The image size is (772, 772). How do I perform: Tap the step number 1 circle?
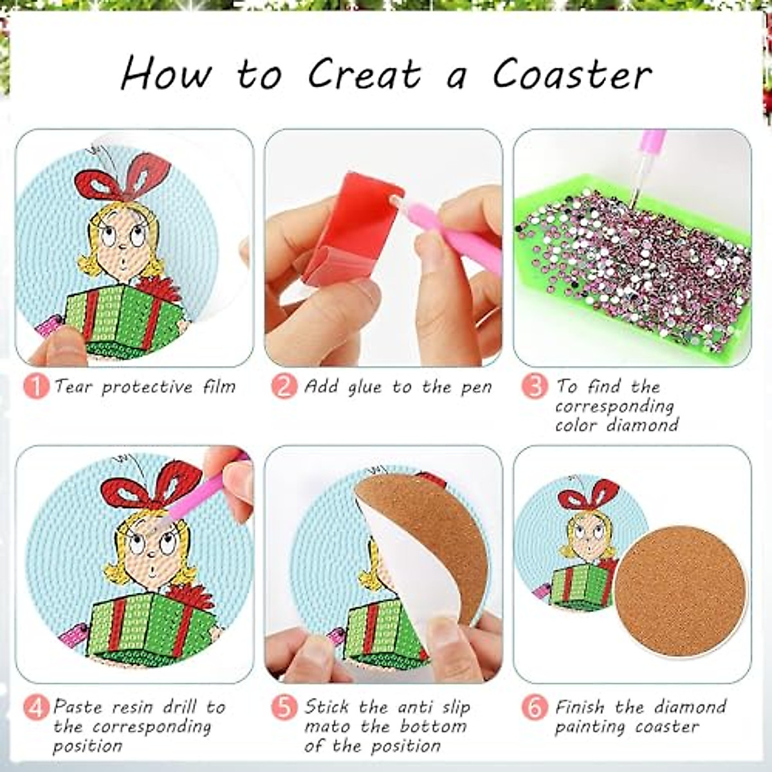[37, 387]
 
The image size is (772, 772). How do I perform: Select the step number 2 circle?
[284, 387]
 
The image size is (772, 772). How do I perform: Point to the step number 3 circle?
[533, 387]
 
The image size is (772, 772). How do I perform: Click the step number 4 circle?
[37, 708]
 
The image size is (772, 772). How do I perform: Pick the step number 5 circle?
[284, 708]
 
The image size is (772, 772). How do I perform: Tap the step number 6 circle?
[533, 708]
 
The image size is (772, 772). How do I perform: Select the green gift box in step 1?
[122, 315]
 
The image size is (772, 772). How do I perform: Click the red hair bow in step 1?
[122, 177]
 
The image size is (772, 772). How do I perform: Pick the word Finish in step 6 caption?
[580, 707]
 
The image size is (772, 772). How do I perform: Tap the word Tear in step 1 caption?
[75, 387]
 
